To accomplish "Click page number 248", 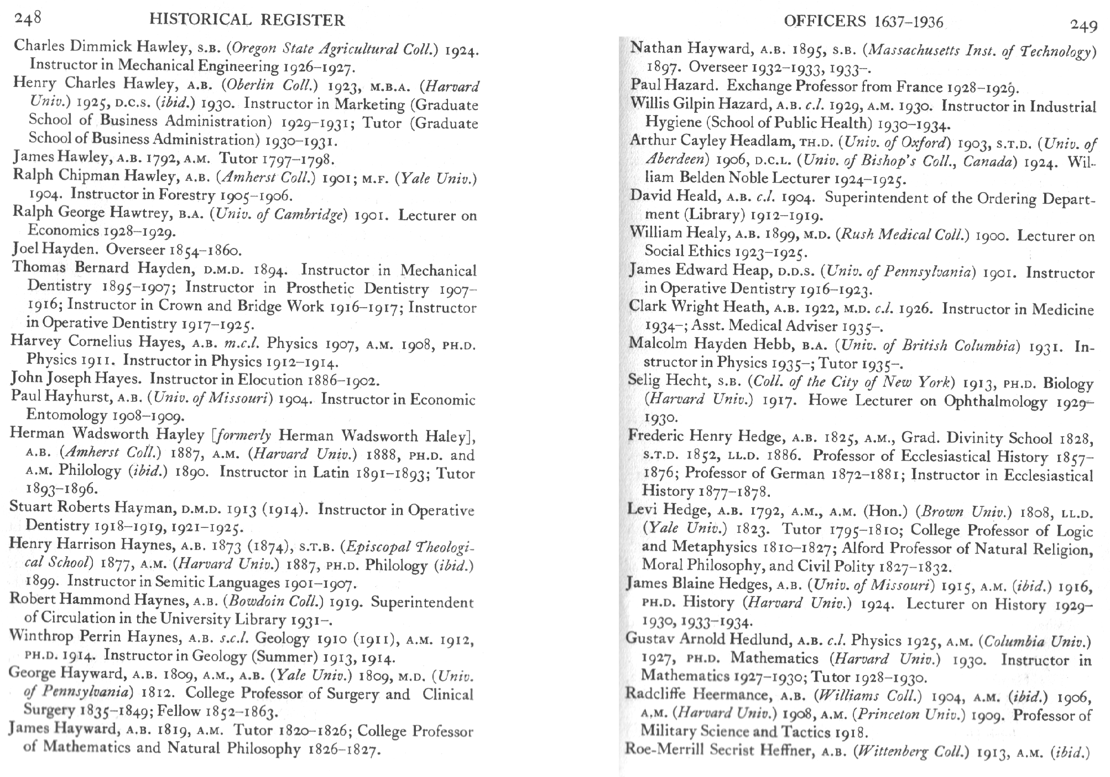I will tap(28, 19).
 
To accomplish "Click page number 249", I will tap(1083, 25).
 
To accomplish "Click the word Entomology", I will tap(67, 415).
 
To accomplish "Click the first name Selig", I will tap(643, 381).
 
